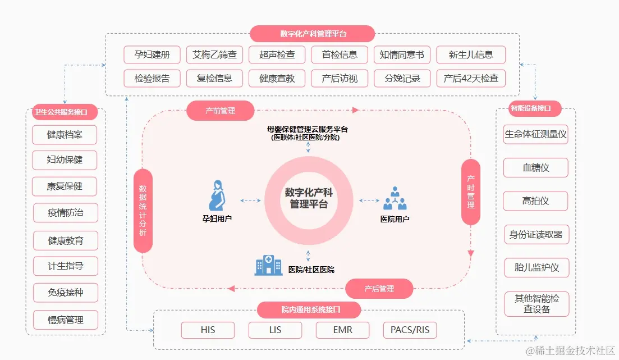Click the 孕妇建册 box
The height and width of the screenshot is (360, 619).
[x=152, y=55]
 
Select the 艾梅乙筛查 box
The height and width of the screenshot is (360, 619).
[x=214, y=55]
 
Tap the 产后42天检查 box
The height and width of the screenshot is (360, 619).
[x=471, y=78]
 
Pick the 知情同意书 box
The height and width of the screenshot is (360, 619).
[x=402, y=55]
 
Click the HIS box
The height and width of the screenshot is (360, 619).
[x=208, y=330]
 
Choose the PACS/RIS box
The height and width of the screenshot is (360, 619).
[x=410, y=330]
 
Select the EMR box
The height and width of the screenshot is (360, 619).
[x=342, y=330]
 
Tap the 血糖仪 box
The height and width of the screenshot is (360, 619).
[x=535, y=167]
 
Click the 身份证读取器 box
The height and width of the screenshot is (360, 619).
[x=535, y=234]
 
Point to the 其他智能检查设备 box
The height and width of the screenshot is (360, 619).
[x=535, y=304]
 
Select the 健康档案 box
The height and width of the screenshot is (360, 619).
[x=65, y=135]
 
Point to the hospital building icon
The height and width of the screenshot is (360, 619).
[x=268, y=265]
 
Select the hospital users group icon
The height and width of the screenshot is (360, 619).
[x=395, y=198]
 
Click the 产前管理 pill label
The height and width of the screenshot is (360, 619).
[x=220, y=111]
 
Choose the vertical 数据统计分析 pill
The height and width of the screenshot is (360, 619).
[x=143, y=211]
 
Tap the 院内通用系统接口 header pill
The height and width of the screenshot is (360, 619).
[x=309, y=309]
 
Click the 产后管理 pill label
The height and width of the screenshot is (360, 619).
[x=379, y=289]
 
